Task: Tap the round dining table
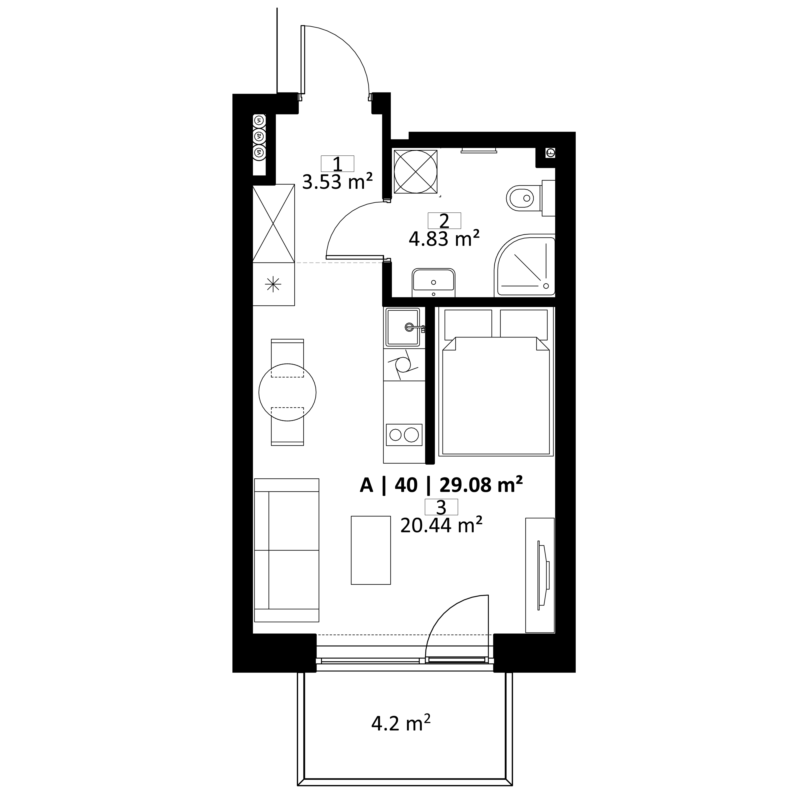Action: (287, 392)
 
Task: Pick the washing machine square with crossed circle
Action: (415, 172)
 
